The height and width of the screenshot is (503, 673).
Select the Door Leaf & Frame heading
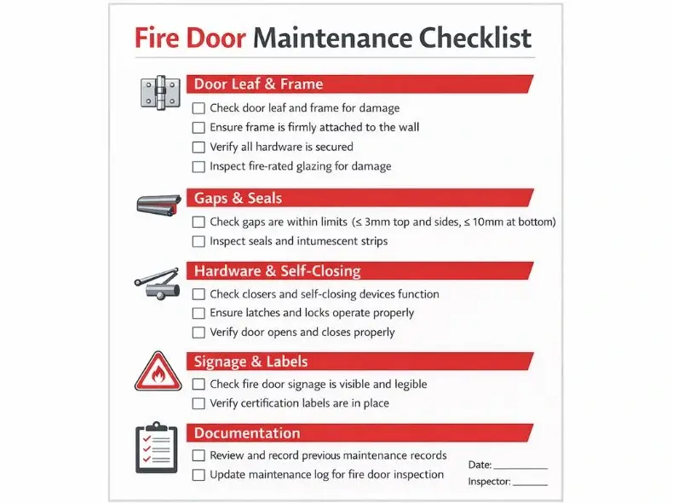(x=258, y=84)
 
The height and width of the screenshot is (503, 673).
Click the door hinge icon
(x=158, y=91)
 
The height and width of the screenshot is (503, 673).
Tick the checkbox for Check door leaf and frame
(x=198, y=108)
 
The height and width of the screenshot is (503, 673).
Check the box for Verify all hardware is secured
(x=198, y=147)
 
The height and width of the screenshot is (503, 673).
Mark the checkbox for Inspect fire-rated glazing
(x=198, y=167)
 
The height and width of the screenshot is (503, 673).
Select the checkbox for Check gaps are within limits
(x=198, y=223)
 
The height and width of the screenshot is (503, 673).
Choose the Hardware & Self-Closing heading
(x=278, y=272)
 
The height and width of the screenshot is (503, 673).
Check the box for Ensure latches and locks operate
(x=198, y=314)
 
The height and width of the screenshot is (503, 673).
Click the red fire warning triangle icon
(x=158, y=372)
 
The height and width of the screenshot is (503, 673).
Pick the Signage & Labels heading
(x=251, y=361)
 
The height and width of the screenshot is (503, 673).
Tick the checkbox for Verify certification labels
(x=198, y=403)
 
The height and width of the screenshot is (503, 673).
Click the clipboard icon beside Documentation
(x=157, y=447)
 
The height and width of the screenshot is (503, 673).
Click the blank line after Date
(x=521, y=466)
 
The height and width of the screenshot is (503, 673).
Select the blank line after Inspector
(x=530, y=483)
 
